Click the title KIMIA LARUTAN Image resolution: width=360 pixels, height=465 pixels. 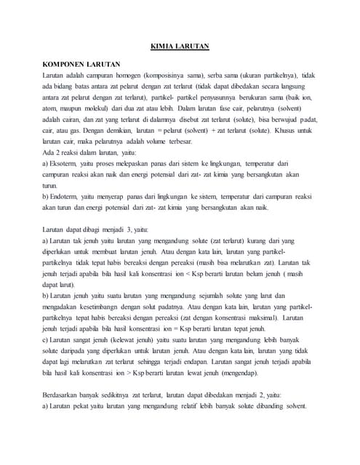pyautogui.click(x=180, y=46)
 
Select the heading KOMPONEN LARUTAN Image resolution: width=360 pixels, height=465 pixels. pyautogui.click(x=81, y=65)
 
